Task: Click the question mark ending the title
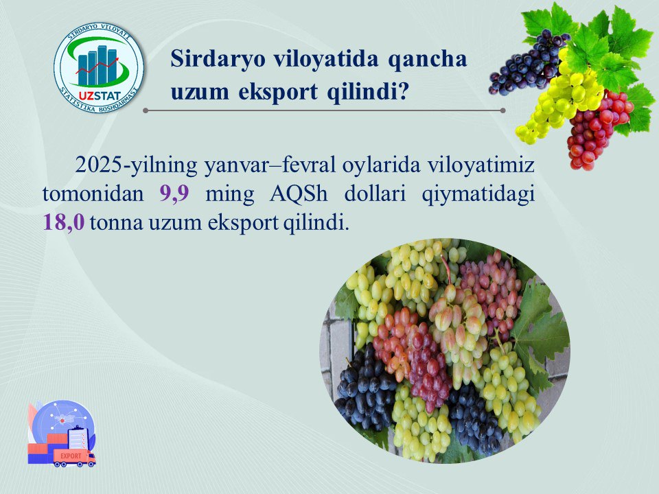(404, 91)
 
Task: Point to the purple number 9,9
(174, 193)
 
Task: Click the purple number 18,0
(64, 222)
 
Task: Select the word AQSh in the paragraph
(299, 193)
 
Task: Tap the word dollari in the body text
(375, 193)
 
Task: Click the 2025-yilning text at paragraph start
(136, 165)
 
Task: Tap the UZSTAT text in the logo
(100, 96)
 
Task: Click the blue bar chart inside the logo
(97, 65)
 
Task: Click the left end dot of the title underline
(146, 110)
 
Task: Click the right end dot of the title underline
(502, 110)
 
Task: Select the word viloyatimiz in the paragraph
(481, 165)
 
